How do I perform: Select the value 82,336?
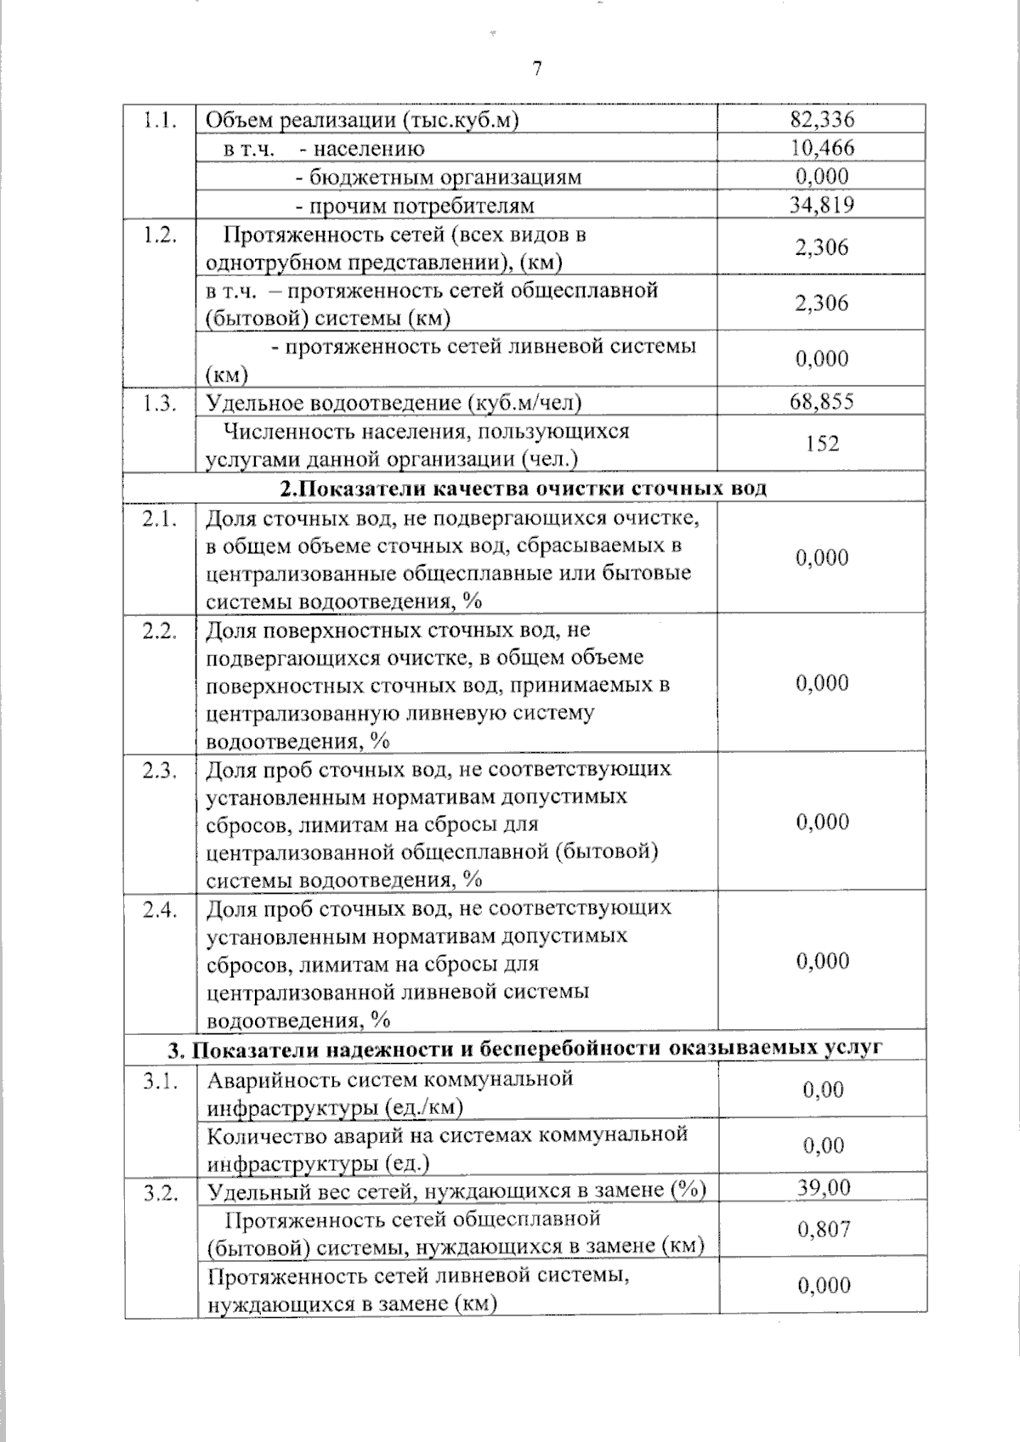click(822, 119)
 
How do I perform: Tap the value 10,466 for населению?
click(822, 148)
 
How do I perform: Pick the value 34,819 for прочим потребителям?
click(822, 205)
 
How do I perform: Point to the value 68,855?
click(822, 401)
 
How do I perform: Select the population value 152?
click(822, 444)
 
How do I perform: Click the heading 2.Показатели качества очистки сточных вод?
click(524, 489)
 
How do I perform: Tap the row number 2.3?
click(160, 771)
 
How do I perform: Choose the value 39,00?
click(823, 1187)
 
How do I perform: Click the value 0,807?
click(823, 1229)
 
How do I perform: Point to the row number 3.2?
click(160, 1193)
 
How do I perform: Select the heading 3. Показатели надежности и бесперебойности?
click(524, 1048)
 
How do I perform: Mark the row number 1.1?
click(160, 120)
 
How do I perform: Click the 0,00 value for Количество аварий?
click(823, 1145)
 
